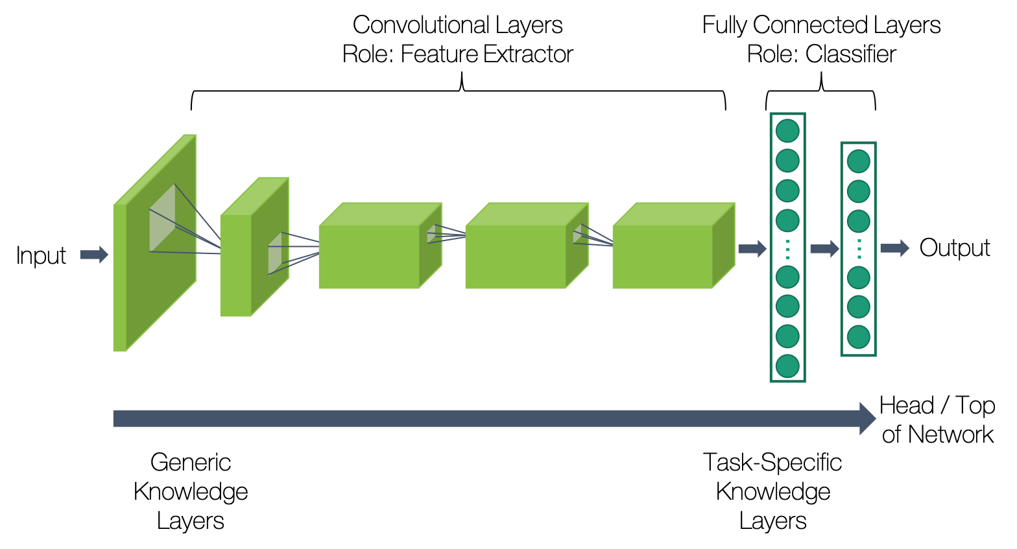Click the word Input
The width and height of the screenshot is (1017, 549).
(41, 255)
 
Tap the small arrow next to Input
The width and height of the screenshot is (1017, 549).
(94, 255)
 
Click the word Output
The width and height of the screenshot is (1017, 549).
(954, 248)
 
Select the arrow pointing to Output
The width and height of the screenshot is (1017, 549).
(894, 248)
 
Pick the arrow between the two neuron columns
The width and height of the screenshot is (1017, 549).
(824, 248)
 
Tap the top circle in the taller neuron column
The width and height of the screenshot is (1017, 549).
(787, 130)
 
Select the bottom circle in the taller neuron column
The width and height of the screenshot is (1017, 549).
(787, 366)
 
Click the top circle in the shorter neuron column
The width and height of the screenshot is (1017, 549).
(858, 161)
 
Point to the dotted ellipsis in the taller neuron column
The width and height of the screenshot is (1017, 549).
(787, 249)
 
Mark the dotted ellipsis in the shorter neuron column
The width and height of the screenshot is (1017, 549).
(859, 249)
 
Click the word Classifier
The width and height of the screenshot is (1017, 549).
(850, 54)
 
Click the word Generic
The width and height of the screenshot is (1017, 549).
(191, 462)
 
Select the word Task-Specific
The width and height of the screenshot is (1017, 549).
(772, 462)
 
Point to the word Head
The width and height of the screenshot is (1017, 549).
(906, 405)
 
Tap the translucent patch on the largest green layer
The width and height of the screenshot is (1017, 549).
(162, 218)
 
